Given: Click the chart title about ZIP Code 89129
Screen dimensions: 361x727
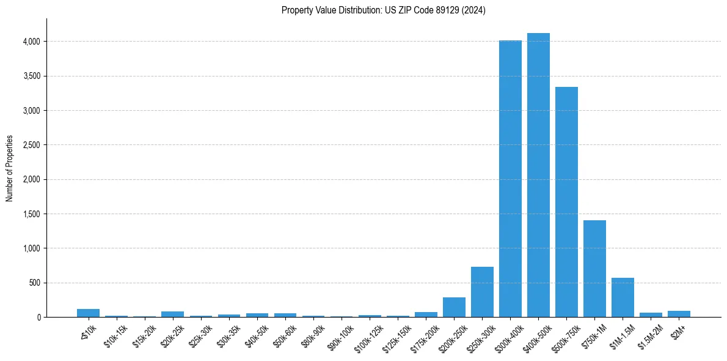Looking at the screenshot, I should click(x=383, y=10).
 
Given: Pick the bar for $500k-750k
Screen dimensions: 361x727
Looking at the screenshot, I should click(x=566, y=202).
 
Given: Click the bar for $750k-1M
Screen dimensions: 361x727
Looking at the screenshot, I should click(x=594, y=269).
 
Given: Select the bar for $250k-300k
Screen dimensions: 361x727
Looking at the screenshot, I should click(x=482, y=292).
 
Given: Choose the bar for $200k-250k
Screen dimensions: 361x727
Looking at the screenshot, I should click(x=454, y=307).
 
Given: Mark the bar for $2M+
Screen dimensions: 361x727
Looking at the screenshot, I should click(x=679, y=314).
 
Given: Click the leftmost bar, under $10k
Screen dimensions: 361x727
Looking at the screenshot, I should click(x=88, y=313).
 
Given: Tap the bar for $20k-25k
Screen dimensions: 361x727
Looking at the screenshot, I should click(x=172, y=314).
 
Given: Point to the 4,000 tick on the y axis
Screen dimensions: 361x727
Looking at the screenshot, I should click(x=32, y=42).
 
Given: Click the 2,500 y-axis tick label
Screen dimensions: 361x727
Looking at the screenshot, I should click(x=32, y=145).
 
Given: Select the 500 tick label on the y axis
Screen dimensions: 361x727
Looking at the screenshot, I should click(x=35, y=283).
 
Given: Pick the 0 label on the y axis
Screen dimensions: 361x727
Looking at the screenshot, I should click(x=38, y=318).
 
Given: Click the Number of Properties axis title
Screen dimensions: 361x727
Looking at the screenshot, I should click(x=10, y=168).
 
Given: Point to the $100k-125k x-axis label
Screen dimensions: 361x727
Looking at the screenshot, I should click(x=368, y=335).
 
